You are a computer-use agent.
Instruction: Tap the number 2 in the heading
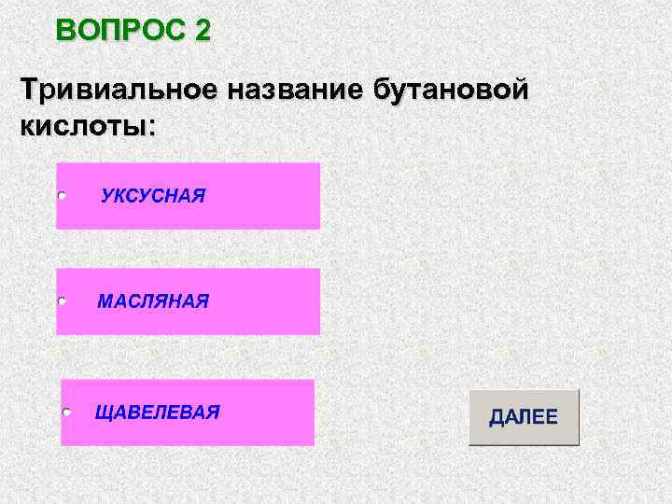coord(203,30)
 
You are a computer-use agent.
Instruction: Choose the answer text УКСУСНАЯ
coord(153,196)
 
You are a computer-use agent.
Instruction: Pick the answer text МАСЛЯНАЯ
coord(153,301)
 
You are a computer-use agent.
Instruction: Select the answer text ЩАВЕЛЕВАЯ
coord(158,412)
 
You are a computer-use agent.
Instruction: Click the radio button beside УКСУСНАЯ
coord(62,196)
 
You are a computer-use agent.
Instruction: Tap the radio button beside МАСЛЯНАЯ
coord(62,301)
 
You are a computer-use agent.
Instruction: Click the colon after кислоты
coord(151,127)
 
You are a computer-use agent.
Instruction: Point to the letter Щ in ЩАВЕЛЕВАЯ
coord(103,413)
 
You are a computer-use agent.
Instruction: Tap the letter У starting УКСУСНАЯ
coord(106,196)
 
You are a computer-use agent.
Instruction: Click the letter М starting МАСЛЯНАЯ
coord(105,301)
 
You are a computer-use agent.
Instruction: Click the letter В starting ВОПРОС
coord(65,30)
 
